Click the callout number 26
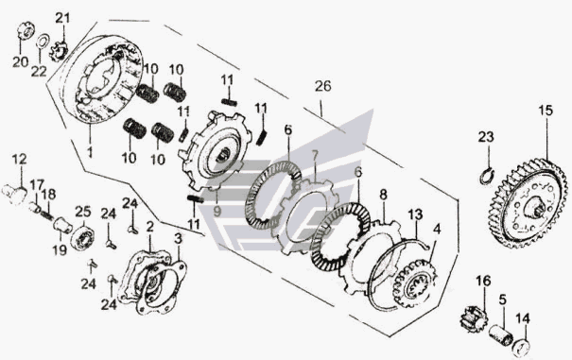coord(323,86)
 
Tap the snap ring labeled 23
coord(487,175)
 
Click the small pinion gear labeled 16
coord(474,318)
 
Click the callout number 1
coord(90,151)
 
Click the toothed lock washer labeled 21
coord(59,52)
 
